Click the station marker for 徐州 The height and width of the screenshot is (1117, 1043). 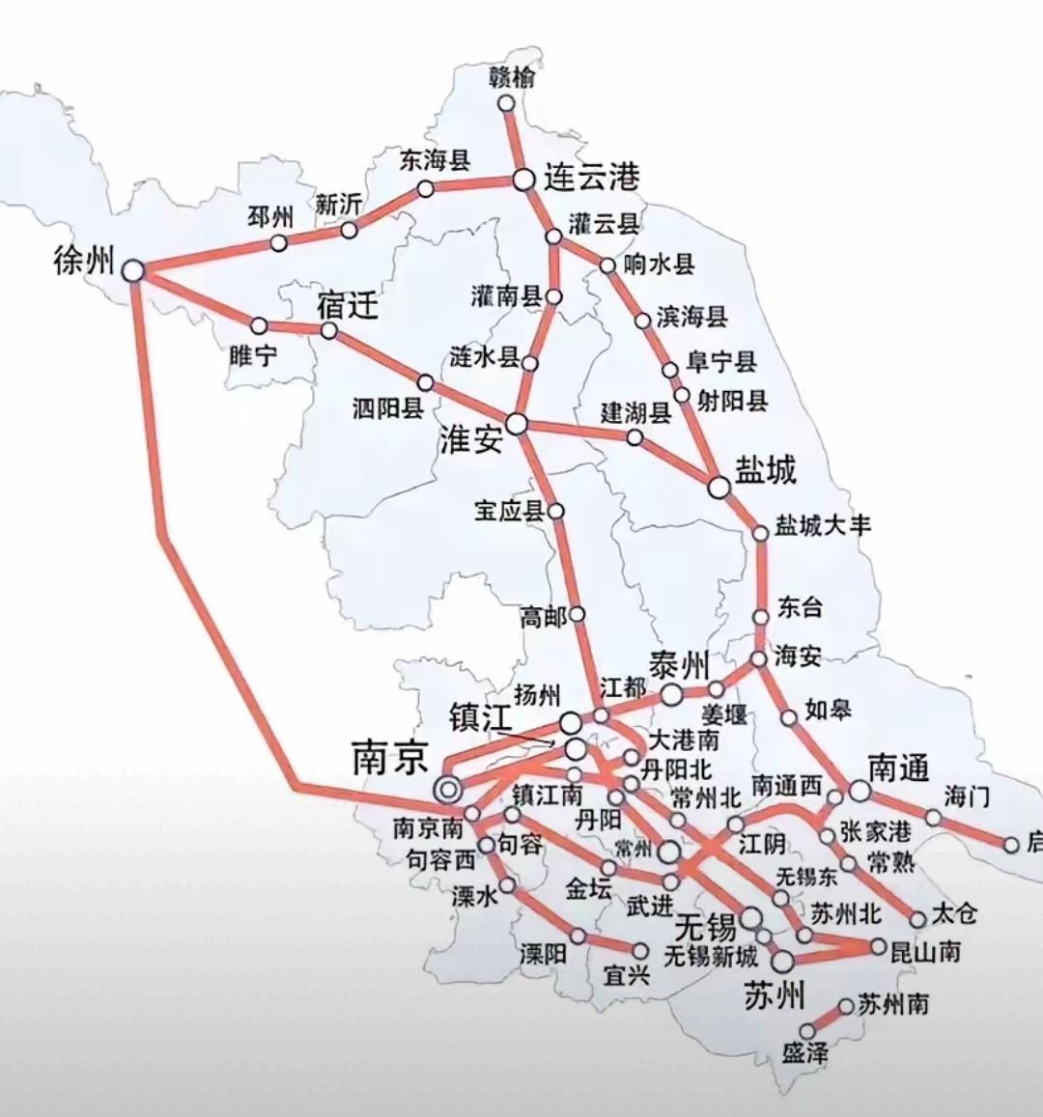tap(133, 271)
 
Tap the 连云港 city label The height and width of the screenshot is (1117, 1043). tap(591, 178)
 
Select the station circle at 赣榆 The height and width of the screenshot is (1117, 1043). tap(506, 104)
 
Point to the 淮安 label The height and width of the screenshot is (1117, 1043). tap(471, 440)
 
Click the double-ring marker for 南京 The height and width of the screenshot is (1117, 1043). tap(447, 789)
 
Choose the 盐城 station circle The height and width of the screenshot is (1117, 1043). tap(719, 488)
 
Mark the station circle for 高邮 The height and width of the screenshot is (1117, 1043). tap(578, 614)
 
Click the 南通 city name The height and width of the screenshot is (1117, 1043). tap(898, 768)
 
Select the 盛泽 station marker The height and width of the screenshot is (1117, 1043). tap(807, 1032)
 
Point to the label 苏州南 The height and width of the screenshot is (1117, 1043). tap(893, 1004)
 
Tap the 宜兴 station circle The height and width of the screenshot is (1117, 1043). tap(639, 952)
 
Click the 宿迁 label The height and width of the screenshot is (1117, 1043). tap(347, 307)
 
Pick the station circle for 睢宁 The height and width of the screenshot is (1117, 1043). tap(259, 326)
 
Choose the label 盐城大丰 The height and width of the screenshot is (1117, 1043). tap(824, 525)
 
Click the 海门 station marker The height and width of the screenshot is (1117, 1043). tap(934, 818)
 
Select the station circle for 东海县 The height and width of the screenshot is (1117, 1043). tap(425, 189)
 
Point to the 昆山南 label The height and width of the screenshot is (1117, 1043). tap(925, 952)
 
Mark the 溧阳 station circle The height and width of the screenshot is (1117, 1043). tap(578, 935)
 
